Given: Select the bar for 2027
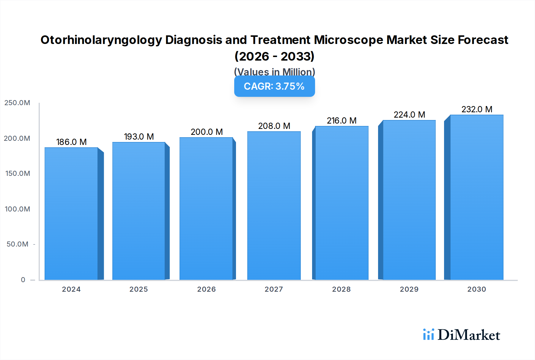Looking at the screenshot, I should (274, 206).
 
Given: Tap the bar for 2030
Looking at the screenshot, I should (476, 197).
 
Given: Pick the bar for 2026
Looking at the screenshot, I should (206, 209).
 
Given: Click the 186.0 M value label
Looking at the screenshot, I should (71, 142).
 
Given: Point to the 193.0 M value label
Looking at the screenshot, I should (139, 137).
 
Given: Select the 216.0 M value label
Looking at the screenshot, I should (342, 121).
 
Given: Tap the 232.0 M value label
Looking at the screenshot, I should (477, 109).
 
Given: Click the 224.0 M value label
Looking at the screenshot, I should (409, 115).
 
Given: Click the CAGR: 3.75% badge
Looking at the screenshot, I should (274, 86).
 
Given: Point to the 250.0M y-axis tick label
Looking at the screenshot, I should (17, 103).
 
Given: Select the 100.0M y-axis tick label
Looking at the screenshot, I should (17, 209).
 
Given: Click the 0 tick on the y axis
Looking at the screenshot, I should (23, 280).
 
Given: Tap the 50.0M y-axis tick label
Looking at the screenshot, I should (17, 244).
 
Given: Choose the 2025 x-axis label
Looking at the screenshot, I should (139, 289).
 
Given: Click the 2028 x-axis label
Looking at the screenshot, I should (341, 289).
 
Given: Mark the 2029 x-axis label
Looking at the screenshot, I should (409, 289).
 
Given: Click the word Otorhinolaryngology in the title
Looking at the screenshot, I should (101, 40).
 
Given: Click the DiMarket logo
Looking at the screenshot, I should (461, 335).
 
